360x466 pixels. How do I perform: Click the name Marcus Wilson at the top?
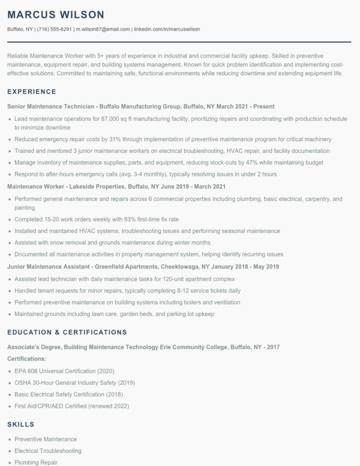(x=56, y=15)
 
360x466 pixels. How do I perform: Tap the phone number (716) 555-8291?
(x=54, y=29)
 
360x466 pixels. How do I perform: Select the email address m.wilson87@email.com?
(x=103, y=29)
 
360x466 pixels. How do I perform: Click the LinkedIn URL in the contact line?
(x=167, y=29)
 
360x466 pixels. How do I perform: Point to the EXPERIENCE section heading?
(x=32, y=91)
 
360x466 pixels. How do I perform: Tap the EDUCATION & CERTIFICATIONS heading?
(x=67, y=332)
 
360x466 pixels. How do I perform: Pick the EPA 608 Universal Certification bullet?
(x=64, y=371)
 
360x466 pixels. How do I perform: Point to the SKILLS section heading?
(x=21, y=424)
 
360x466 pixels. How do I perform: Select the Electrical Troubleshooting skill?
(x=48, y=451)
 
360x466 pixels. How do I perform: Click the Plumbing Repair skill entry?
(x=36, y=462)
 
